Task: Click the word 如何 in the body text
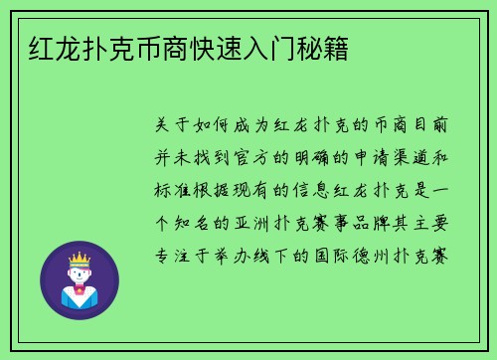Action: pos(219,126)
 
